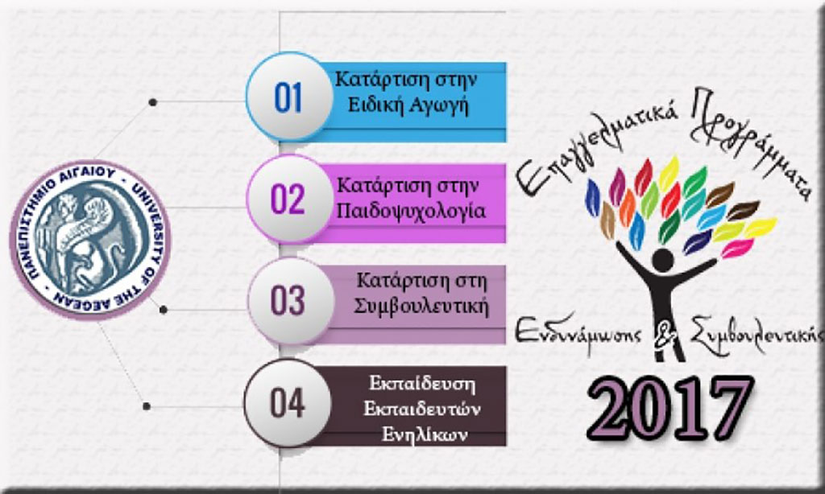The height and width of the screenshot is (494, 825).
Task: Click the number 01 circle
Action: (289, 97)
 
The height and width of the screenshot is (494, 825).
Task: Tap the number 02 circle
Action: (289, 199)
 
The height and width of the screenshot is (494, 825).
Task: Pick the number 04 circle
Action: (288, 403)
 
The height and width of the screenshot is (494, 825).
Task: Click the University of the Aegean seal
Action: (90, 240)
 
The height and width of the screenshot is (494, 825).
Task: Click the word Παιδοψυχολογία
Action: (411, 212)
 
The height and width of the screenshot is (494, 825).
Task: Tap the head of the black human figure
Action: (662, 261)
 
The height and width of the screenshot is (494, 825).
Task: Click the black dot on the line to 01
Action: (152, 102)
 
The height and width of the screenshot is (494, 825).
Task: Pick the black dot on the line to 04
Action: (147, 406)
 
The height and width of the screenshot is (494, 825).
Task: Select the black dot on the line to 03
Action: (163, 310)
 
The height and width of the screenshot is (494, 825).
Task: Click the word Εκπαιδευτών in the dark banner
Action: (422, 409)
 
